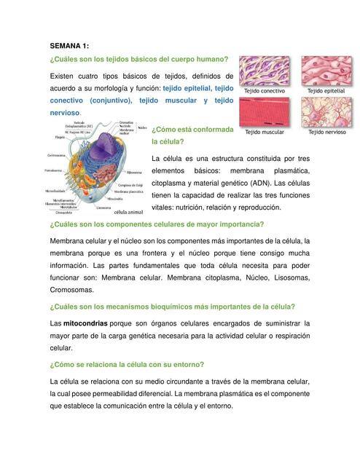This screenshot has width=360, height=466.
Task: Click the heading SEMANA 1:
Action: tap(69, 45)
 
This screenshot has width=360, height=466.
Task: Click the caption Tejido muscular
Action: tap(265, 133)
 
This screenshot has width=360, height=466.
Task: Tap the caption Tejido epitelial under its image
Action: tap(327, 91)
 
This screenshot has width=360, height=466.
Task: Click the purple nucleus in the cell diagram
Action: tap(103, 151)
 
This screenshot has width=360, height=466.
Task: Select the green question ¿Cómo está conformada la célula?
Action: tap(192, 135)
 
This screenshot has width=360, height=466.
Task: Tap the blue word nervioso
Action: tap(64, 113)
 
